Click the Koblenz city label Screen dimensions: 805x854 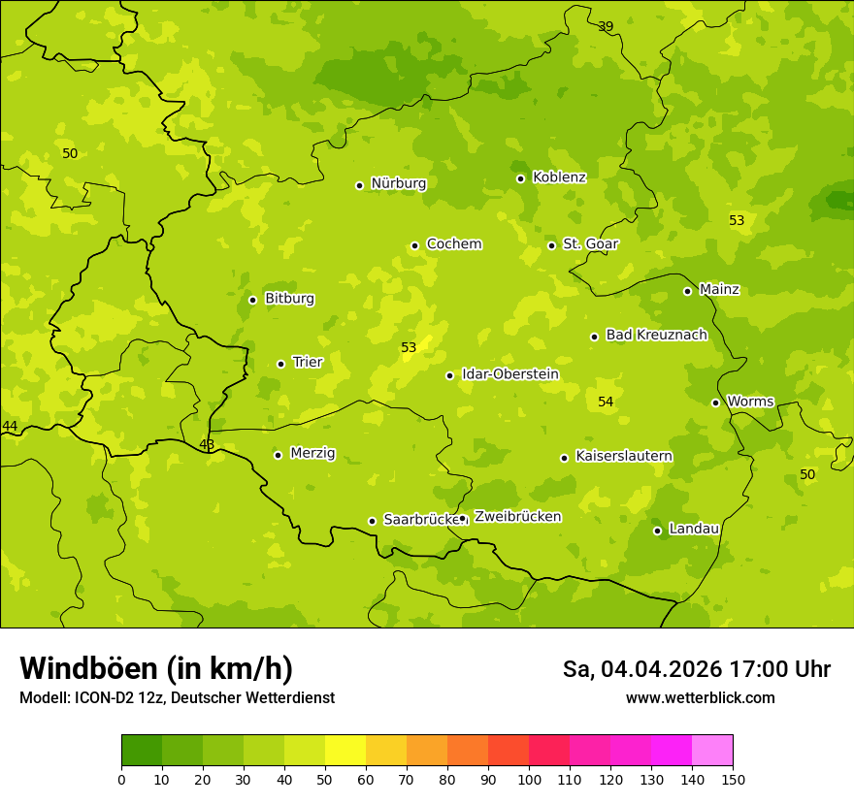559,177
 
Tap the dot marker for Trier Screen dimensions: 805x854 281,364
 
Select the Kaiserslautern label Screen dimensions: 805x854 623,456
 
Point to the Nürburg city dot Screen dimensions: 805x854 359,185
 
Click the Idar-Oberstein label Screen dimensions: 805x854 509,374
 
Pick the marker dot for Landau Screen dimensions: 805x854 657,531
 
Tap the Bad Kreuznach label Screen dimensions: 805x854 656,335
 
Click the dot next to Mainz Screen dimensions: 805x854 687,291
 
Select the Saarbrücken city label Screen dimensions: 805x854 420,520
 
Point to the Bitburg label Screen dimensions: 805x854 289,299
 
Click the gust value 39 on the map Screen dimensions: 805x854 606,26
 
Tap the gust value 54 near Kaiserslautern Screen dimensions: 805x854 606,402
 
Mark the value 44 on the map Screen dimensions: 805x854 10,427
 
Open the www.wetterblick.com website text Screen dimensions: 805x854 700,698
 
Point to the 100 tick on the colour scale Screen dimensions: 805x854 529,779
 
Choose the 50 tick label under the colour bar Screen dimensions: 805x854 325,779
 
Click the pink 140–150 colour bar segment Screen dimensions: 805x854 712,751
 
